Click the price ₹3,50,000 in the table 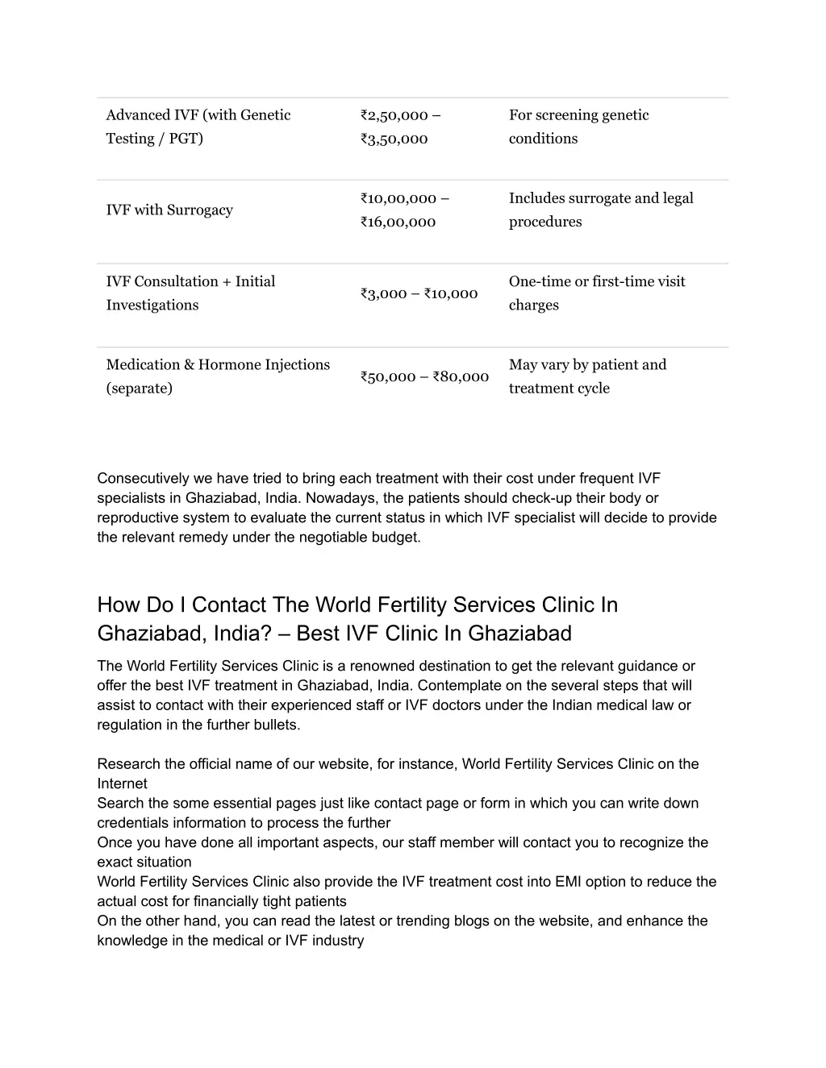394,139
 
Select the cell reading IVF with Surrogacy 169,210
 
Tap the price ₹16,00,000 398,222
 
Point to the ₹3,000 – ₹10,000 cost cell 419,293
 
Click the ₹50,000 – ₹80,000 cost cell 425,376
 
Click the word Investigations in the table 152,305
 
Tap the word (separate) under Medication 140,389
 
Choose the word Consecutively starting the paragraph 144,479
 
